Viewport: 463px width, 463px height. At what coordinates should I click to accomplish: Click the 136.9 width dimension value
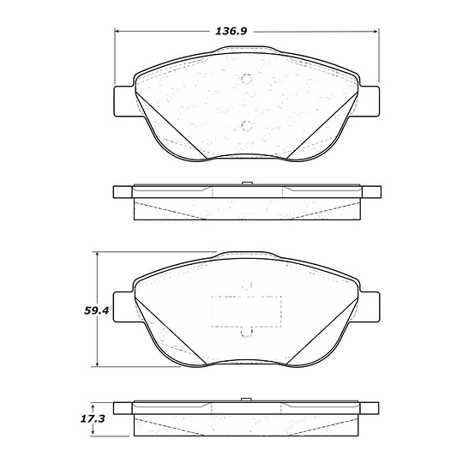[x=231, y=32]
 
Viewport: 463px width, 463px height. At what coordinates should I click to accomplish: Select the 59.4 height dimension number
[x=97, y=310]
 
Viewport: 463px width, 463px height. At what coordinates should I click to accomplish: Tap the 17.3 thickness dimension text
[x=93, y=419]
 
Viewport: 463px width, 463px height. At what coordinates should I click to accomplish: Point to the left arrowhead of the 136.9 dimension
[x=117, y=31]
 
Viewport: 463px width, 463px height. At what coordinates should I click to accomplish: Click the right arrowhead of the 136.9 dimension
[x=376, y=31]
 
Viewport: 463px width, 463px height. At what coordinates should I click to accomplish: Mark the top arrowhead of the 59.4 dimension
[x=98, y=255]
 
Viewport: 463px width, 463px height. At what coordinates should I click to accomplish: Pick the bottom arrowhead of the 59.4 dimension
[x=98, y=364]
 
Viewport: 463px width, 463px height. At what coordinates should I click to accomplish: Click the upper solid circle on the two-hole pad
[x=246, y=79]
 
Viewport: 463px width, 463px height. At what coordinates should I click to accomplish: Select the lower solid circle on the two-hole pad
[x=246, y=126]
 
